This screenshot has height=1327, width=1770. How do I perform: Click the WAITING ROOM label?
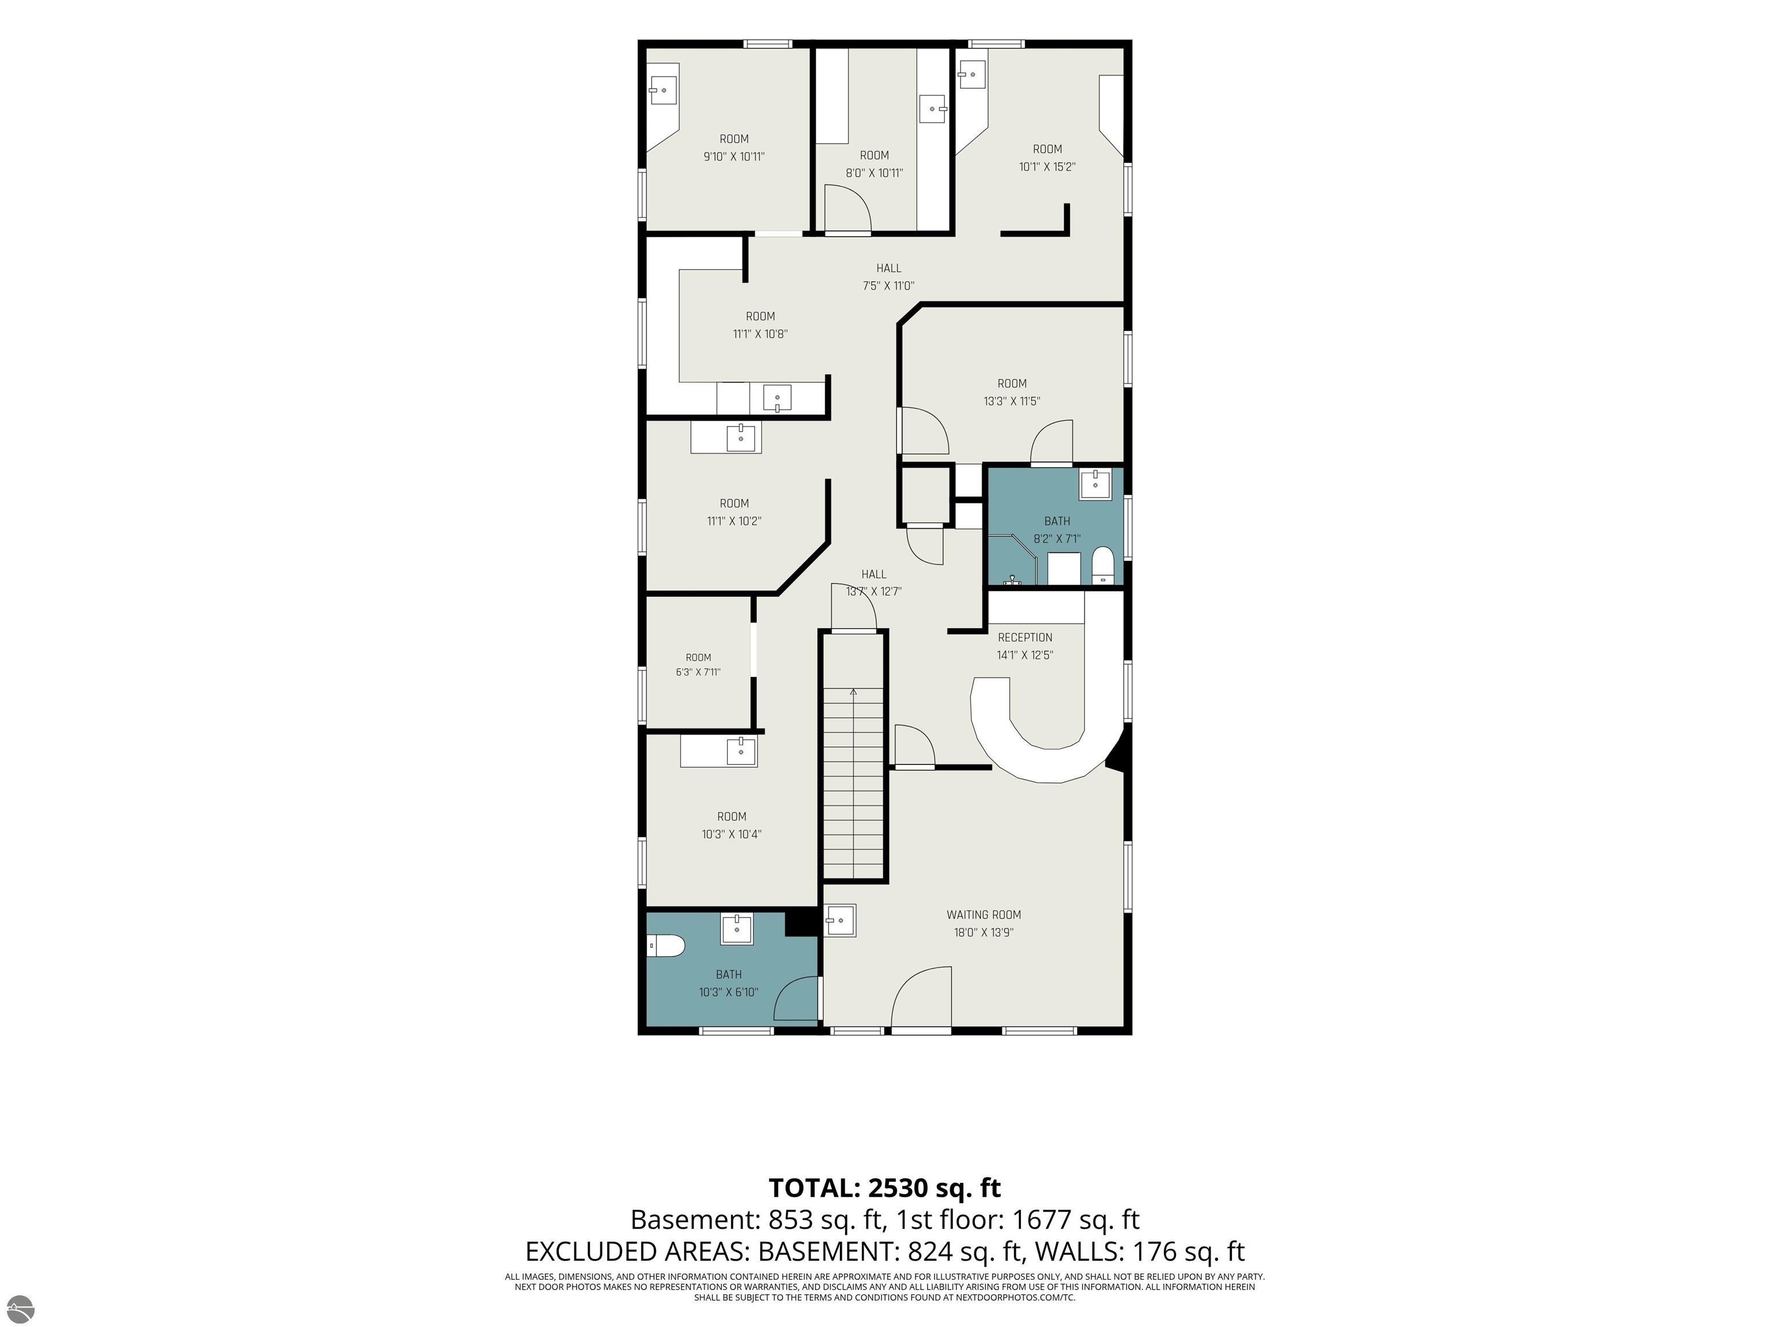point(984,914)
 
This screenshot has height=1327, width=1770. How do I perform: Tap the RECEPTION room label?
point(1025,638)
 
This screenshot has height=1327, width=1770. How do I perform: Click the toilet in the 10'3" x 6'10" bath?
point(667,946)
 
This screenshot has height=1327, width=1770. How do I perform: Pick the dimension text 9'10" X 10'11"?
point(734,157)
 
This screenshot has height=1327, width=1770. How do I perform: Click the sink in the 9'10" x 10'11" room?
point(663,90)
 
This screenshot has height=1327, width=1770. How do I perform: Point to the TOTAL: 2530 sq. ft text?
point(885,1188)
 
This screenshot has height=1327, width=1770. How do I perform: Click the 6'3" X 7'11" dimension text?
point(698,672)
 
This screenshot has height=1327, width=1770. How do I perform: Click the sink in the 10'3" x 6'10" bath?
point(737,928)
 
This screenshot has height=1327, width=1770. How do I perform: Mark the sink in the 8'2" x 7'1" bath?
point(1095,484)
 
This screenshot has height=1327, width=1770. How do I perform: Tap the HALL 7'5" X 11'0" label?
point(888,277)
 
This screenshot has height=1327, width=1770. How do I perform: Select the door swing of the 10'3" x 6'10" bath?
point(797,999)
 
